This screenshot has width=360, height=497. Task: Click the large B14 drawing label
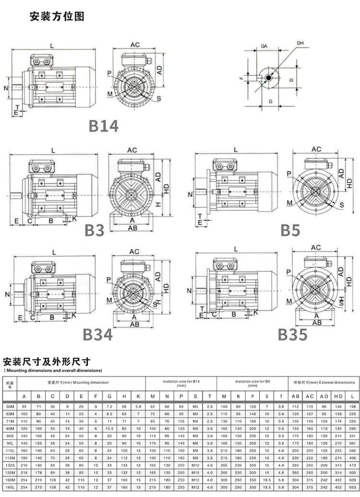click(x=103, y=126)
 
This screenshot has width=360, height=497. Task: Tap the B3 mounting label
click(x=95, y=230)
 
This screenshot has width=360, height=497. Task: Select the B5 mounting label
click(x=290, y=230)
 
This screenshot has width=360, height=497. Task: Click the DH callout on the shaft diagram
click(x=300, y=44)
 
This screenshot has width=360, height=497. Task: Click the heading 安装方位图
click(x=57, y=17)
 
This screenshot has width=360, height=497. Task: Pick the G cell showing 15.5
click(x=109, y=428)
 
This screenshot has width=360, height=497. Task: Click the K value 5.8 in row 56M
click(x=138, y=406)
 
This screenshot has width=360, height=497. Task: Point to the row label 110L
click(x=10, y=451)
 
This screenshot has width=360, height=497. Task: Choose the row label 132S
click(x=10, y=466)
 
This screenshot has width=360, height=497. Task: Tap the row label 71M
click(x=10, y=421)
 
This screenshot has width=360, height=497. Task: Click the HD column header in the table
click(x=338, y=396)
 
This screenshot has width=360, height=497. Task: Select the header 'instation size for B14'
click(x=180, y=383)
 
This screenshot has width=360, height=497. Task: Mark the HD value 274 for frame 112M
click(x=338, y=458)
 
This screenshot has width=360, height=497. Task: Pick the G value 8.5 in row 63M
click(x=109, y=414)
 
